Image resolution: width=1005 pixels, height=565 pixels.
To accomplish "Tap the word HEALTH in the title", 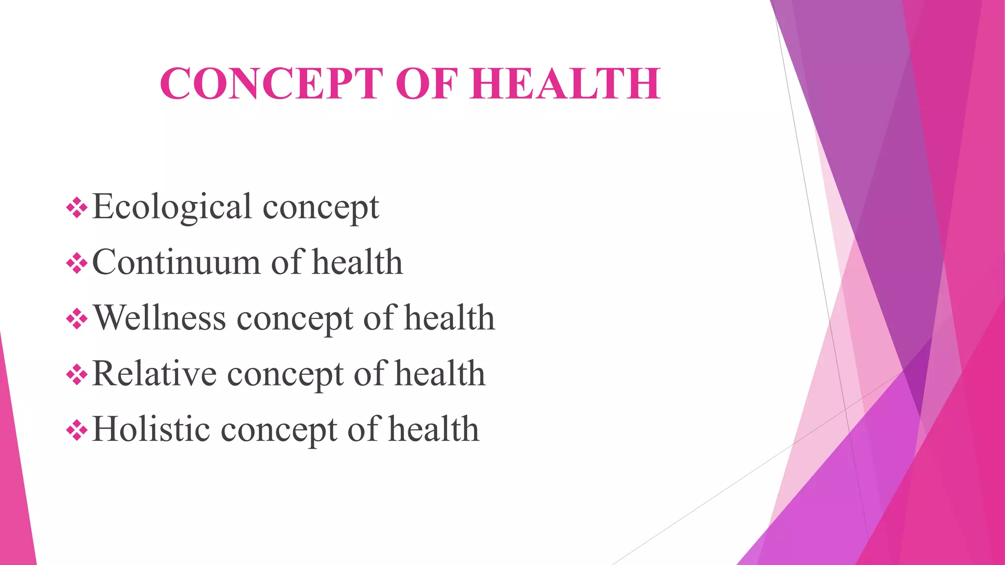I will click(565, 83).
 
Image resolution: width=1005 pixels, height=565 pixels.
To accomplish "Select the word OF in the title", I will click(426, 83).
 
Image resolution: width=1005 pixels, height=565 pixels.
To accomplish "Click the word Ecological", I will click(172, 207).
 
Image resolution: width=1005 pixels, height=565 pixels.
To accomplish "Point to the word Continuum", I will click(176, 262).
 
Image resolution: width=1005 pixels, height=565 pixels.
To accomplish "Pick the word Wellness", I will click(159, 318).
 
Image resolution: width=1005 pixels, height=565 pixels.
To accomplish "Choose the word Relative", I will click(154, 374).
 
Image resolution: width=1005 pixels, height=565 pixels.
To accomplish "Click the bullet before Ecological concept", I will click(77, 208).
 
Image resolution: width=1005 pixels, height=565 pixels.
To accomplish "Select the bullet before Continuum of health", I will click(77, 264).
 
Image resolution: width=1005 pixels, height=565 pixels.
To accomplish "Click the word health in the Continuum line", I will click(357, 262).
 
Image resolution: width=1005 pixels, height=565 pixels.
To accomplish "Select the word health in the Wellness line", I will click(450, 318).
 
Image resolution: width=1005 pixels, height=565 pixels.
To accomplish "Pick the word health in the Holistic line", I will click(434, 429).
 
